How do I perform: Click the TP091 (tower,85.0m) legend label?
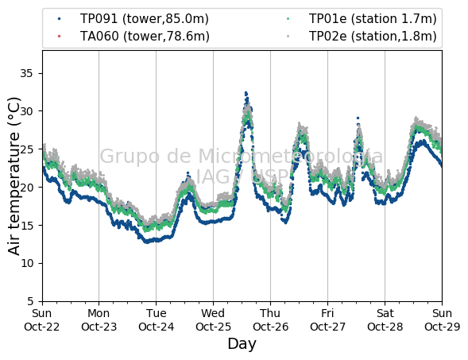point(145,19)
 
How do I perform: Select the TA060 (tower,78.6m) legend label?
point(145,36)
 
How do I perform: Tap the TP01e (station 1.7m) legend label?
point(373,19)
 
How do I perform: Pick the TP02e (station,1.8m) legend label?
point(373,36)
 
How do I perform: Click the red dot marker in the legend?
point(59,36)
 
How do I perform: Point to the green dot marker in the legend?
point(288,19)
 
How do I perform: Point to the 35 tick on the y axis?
point(26,73)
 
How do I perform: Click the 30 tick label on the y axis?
point(26,111)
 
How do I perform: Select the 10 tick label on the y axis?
point(27,263)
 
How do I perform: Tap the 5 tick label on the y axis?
point(30,301)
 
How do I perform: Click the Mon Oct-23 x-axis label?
point(99,320)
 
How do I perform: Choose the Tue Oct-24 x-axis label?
point(156,320)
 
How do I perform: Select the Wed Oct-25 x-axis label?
point(213,320)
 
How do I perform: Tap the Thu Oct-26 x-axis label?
point(270,320)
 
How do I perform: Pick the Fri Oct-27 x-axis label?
point(327,320)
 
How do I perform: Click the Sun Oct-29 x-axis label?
point(442,320)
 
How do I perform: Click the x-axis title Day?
point(242,344)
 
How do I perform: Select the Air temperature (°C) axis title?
point(14,176)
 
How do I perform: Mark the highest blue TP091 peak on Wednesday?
point(246,93)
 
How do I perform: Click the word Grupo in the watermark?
point(130,157)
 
